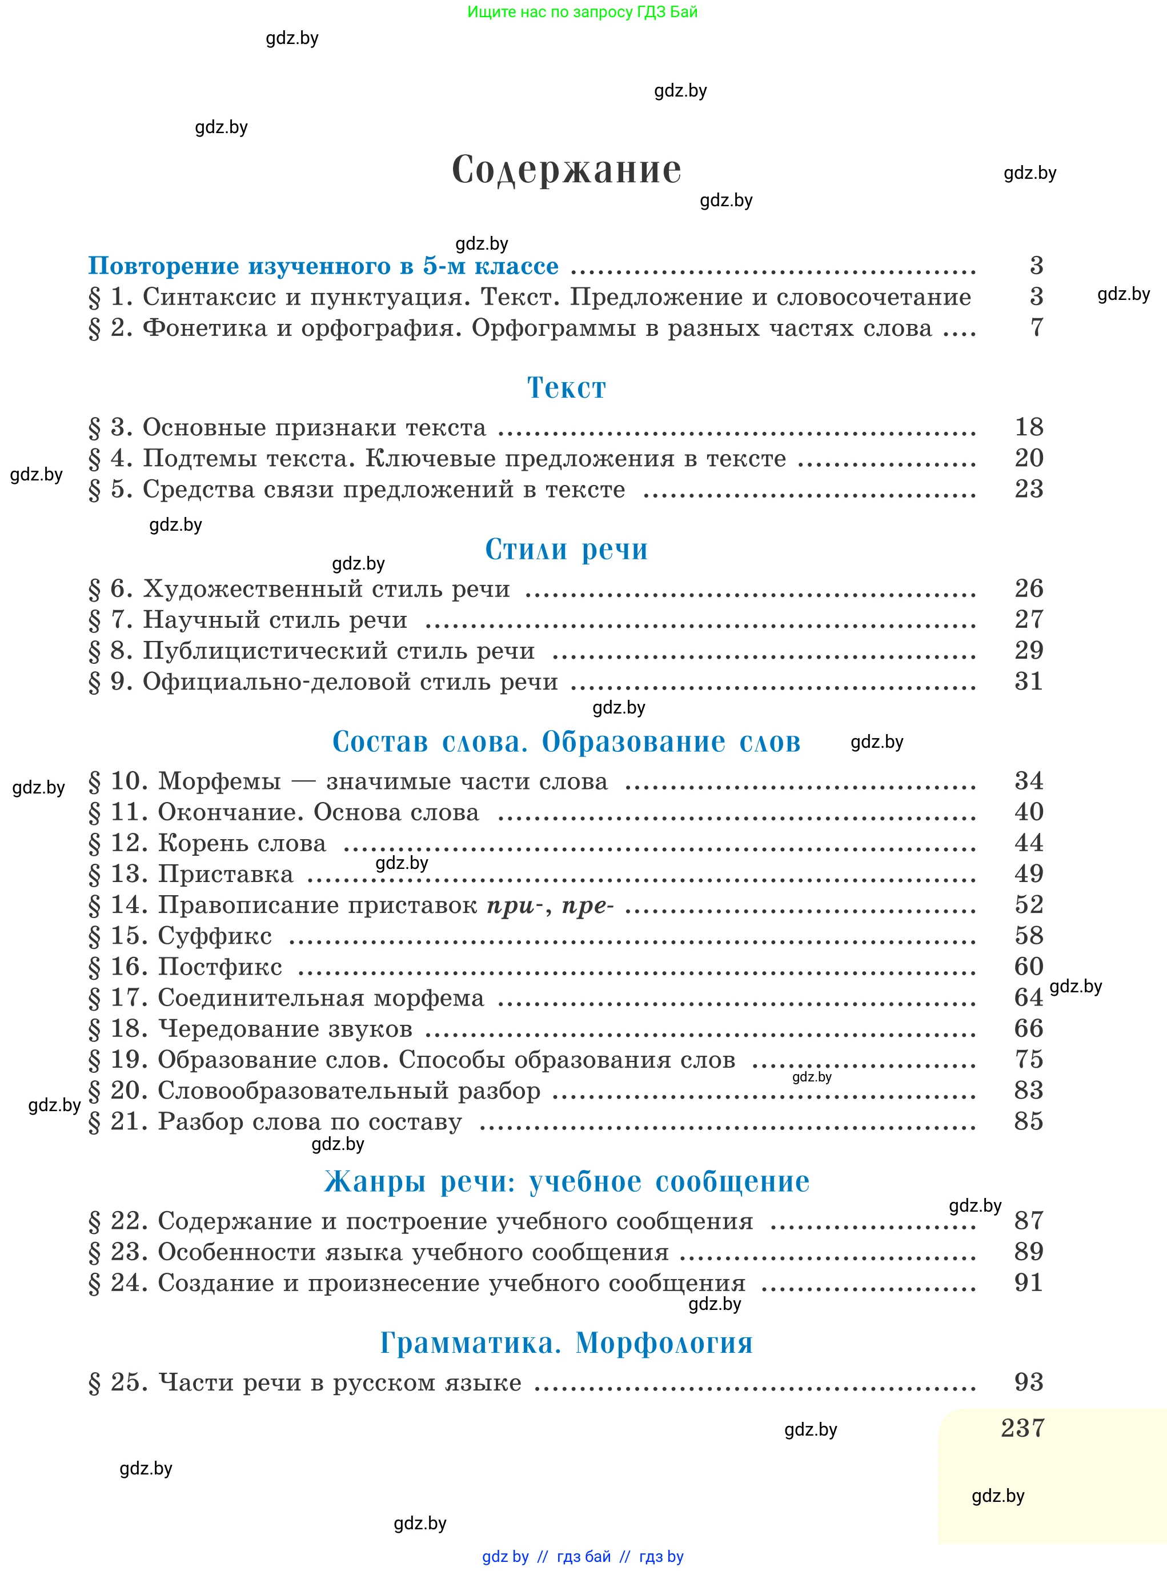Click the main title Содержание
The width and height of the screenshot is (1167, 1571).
click(x=567, y=170)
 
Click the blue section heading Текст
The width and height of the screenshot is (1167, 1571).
click(x=567, y=388)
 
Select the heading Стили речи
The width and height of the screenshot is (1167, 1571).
click(x=567, y=549)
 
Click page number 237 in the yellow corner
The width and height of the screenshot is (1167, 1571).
click(x=1022, y=1428)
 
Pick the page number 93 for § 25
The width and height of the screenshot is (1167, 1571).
click(x=1029, y=1382)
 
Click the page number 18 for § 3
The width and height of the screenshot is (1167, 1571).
click(x=1029, y=427)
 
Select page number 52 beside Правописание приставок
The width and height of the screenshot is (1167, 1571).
click(x=1029, y=904)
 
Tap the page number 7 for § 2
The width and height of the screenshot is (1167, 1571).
click(x=1036, y=327)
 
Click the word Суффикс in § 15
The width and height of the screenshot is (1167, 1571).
click(x=215, y=936)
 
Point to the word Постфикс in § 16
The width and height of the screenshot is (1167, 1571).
click(x=220, y=967)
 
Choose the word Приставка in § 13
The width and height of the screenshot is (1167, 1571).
click(x=226, y=875)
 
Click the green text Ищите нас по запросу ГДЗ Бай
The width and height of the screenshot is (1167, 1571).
click(x=582, y=12)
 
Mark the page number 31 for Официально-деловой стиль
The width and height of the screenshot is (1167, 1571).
click(x=1029, y=681)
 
